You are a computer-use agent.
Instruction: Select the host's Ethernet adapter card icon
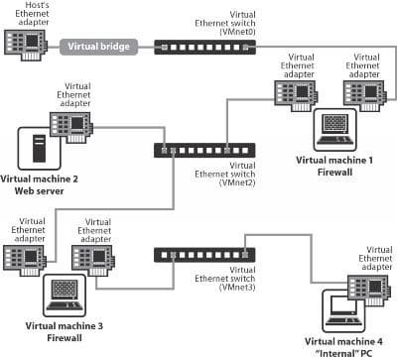coord(27,43)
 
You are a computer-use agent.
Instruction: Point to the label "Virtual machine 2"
coord(40,180)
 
